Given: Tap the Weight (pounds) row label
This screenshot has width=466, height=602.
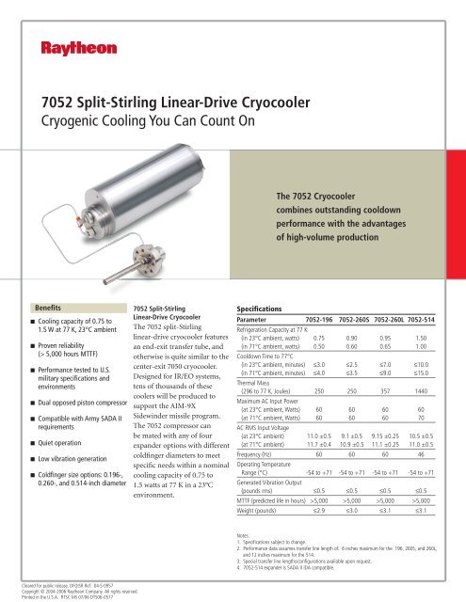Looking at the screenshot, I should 265,511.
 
